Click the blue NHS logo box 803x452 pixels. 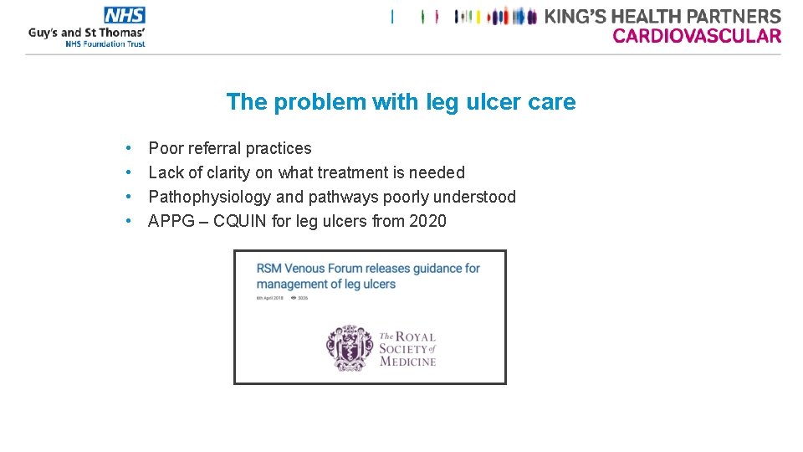pos(125,15)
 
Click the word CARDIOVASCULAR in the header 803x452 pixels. pos(697,35)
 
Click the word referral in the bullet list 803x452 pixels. pos(216,148)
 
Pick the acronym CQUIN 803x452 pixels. pos(245,221)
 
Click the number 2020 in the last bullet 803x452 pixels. pos(427,221)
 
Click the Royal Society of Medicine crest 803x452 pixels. pos(350,347)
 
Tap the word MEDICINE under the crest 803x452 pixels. pos(407,362)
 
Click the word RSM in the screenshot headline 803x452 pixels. pos(269,268)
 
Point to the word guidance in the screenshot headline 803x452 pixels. pos(426,268)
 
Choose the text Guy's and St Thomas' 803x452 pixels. pos(87,33)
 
